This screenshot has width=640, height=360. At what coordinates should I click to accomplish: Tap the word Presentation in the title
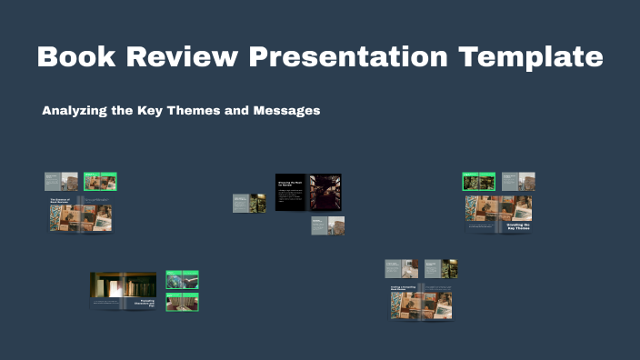click(x=349, y=56)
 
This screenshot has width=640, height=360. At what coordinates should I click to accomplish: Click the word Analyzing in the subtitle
click(x=74, y=111)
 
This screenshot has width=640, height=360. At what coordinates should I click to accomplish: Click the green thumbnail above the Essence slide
click(x=100, y=181)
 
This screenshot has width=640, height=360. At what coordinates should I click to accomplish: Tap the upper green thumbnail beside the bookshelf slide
click(x=182, y=280)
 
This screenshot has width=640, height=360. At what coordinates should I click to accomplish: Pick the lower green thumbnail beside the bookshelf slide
click(x=182, y=302)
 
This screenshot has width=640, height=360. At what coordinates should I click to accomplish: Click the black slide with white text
click(x=290, y=192)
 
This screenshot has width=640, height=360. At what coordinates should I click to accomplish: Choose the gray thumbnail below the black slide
click(x=327, y=225)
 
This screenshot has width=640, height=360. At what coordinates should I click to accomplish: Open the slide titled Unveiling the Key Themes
click(x=498, y=215)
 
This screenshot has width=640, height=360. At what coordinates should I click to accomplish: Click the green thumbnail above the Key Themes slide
click(x=478, y=182)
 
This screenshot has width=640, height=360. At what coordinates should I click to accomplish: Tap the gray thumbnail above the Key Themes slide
click(x=518, y=182)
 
